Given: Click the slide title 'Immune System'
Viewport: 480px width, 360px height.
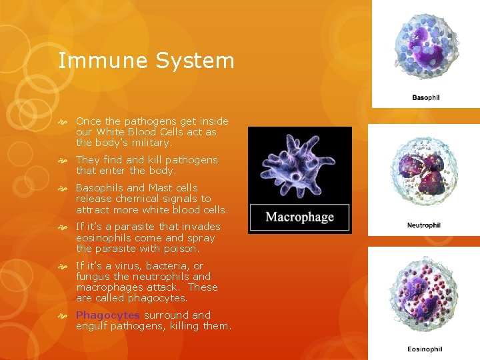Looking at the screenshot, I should tap(147, 61).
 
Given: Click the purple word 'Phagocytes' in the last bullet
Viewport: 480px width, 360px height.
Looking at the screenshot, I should tap(107, 315).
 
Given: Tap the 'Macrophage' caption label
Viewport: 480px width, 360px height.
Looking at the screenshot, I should tap(299, 217).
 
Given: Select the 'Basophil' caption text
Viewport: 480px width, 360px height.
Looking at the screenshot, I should tap(425, 98).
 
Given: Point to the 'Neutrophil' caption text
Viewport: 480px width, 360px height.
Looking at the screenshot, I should tap(423, 225).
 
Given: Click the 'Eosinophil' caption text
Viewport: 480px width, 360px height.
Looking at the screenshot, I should tap(425, 349).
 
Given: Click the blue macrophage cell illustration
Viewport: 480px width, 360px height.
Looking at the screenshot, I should tap(299, 167).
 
